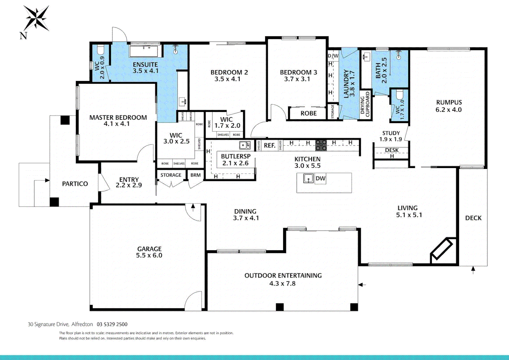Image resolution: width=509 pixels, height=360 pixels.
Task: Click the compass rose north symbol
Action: (36, 18)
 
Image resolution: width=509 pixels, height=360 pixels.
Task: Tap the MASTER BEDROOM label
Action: (118, 118)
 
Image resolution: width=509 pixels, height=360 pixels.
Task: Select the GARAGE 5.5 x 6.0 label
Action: (149, 252)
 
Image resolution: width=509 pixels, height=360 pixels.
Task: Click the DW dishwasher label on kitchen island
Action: (320, 179)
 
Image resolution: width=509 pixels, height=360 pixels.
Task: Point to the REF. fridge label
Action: (269, 146)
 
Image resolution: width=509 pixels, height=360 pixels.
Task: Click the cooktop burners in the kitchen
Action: (321, 145)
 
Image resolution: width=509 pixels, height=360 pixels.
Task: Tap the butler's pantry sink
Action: (245, 145)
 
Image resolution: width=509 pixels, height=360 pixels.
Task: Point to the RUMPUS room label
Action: (449, 103)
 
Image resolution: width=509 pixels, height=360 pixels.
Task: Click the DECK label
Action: (473, 218)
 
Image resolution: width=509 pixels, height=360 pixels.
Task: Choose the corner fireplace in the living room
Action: (442, 249)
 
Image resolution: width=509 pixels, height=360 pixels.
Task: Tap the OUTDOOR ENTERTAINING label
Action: (283, 276)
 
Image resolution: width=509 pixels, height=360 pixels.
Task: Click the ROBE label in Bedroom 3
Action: (308, 113)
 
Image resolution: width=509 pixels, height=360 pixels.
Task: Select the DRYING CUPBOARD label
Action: (365, 105)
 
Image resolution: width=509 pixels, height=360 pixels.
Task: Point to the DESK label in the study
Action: (392, 150)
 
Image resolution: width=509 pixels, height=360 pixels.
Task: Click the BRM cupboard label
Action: (196, 175)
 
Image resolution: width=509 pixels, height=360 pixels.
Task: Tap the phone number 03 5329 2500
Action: (112, 324)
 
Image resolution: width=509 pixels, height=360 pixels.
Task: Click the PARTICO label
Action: (75, 184)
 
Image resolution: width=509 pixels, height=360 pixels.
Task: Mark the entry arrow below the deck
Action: (473, 269)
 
